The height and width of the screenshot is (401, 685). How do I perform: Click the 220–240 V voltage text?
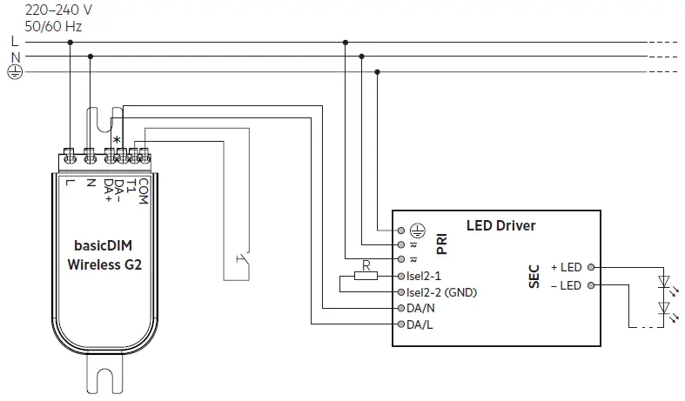47,10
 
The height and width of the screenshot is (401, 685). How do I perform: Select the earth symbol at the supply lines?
14,72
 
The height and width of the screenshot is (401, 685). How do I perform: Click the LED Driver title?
500,226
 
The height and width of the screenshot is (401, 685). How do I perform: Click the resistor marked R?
366,277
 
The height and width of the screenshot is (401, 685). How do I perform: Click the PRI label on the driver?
441,244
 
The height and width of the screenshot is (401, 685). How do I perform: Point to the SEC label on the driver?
534,277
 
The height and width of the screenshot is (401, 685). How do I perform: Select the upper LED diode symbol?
665,281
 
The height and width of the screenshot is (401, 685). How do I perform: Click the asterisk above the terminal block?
117,140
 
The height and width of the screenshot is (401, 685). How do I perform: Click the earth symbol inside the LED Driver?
417,230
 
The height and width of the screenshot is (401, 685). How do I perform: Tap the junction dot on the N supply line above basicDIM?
90,57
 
